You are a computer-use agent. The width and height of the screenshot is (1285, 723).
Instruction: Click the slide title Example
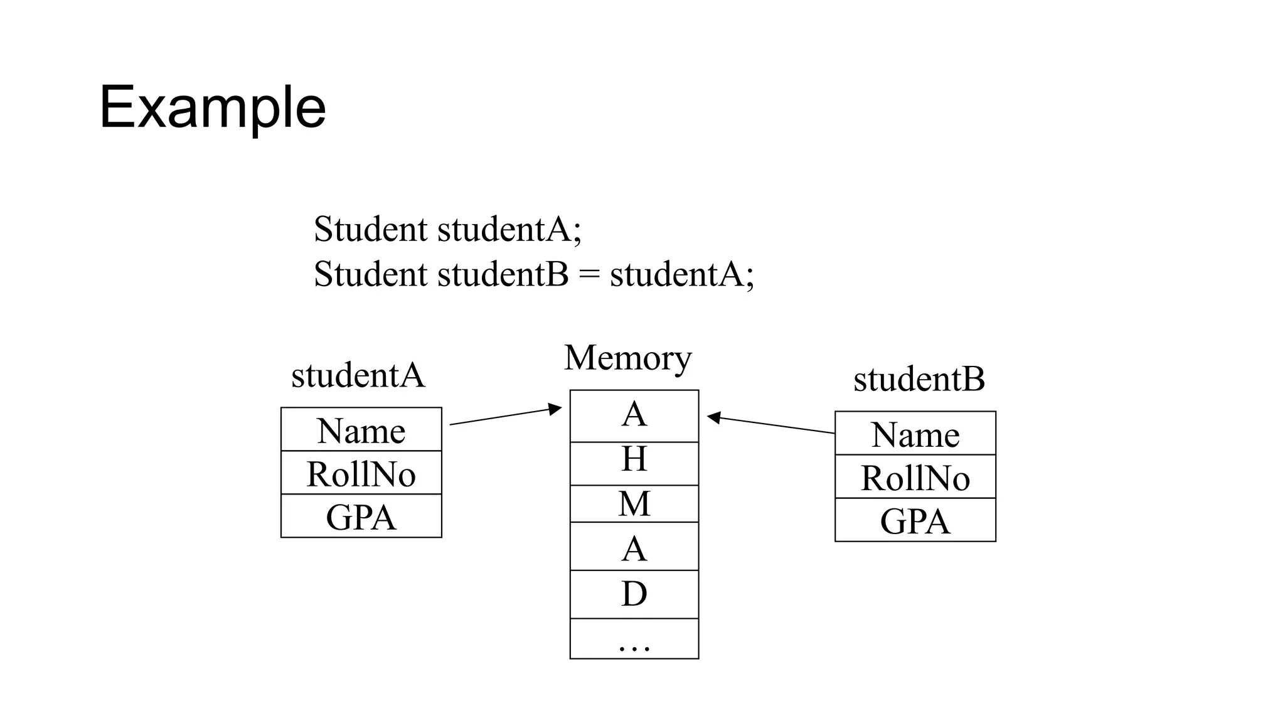pos(212,107)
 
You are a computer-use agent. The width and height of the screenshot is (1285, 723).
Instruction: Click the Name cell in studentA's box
pos(361,430)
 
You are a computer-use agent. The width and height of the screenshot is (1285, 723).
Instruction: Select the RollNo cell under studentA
pos(361,473)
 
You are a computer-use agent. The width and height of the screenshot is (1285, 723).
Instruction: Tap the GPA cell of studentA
pos(361,517)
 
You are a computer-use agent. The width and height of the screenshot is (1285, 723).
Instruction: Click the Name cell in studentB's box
pos(915,434)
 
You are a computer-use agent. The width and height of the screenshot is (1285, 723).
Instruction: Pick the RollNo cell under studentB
pos(915,477)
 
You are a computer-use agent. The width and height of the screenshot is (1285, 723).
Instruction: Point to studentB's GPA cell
pos(915,520)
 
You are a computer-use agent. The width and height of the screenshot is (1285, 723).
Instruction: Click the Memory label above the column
pos(627,358)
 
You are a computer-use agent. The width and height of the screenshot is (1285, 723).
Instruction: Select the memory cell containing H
pos(634,463)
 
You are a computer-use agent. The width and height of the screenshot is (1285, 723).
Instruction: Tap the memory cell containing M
pos(634,503)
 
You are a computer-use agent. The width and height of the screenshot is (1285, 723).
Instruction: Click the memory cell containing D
pos(634,594)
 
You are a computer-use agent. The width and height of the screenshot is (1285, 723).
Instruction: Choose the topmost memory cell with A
pos(634,415)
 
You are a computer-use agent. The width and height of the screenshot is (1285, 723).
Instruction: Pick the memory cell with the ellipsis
pos(634,639)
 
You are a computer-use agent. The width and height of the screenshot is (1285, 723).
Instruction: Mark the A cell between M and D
pos(634,547)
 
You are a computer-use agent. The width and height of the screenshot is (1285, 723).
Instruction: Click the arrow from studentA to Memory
pos(505,416)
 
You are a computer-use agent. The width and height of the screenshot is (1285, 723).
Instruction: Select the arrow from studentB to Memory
pos(772,425)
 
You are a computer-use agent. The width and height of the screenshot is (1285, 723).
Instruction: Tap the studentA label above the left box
pos(358,375)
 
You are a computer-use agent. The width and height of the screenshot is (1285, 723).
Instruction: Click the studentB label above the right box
pos(919,379)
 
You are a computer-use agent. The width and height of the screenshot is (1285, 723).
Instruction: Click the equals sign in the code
pos(589,275)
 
